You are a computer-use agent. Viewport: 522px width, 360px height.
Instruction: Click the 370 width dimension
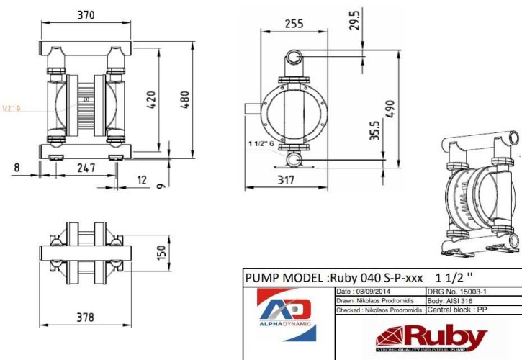click(x=86, y=15)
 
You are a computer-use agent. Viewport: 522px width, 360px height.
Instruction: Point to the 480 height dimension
click(x=186, y=96)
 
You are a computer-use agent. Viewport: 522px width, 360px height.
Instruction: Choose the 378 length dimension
click(x=86, y=317)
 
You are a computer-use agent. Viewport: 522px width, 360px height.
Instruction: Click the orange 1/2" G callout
click(x=11, y=109)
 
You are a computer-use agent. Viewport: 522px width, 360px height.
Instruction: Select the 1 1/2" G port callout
click(x=261, y=145)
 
